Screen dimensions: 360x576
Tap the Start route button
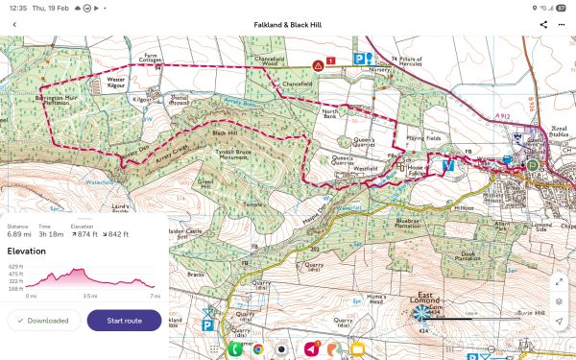124,320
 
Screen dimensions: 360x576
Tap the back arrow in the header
14,24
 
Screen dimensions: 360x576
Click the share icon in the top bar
543,24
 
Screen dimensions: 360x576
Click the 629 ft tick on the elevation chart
14,265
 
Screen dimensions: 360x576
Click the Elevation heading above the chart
27,251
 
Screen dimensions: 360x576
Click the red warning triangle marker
318,65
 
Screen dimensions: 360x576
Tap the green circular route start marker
532,164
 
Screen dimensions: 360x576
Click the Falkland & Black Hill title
288,24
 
